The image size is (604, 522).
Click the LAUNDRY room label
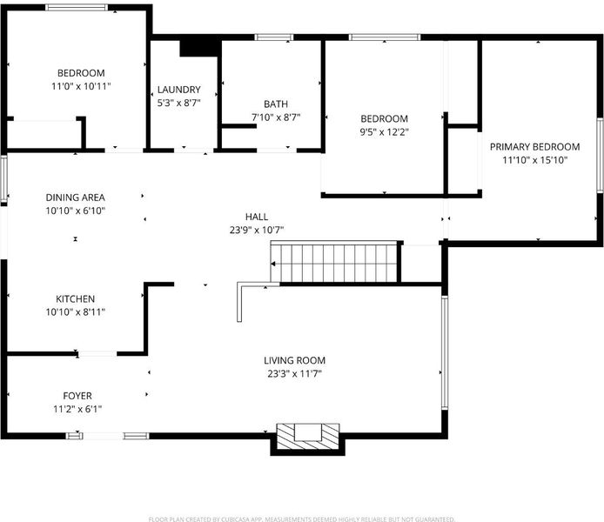click(178, 90)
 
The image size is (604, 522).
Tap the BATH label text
click(276, 104)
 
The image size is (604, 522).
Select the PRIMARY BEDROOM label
click(534, 147)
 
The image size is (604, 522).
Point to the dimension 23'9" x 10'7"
click(257, 231)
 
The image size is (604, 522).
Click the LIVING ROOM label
click(295, 360)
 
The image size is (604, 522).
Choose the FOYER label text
click(77, 396)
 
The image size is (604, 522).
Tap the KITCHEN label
click(75, 298)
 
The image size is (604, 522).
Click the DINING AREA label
click(75, 197)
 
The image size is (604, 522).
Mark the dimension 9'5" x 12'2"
click(384, 132)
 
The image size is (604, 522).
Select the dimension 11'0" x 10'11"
click(81, 86)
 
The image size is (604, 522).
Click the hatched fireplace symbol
click(309, 437)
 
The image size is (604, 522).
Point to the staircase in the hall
click(333, 262)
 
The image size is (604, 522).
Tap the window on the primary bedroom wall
click(600, 155)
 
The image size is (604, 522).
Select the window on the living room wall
click(445, 351)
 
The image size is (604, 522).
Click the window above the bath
click(274, 37)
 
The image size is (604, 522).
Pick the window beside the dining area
click(3, 178)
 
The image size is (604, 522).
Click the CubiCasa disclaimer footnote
click(302, 519)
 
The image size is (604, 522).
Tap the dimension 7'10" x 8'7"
click(276, 117)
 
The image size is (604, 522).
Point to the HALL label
click(257, 217)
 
